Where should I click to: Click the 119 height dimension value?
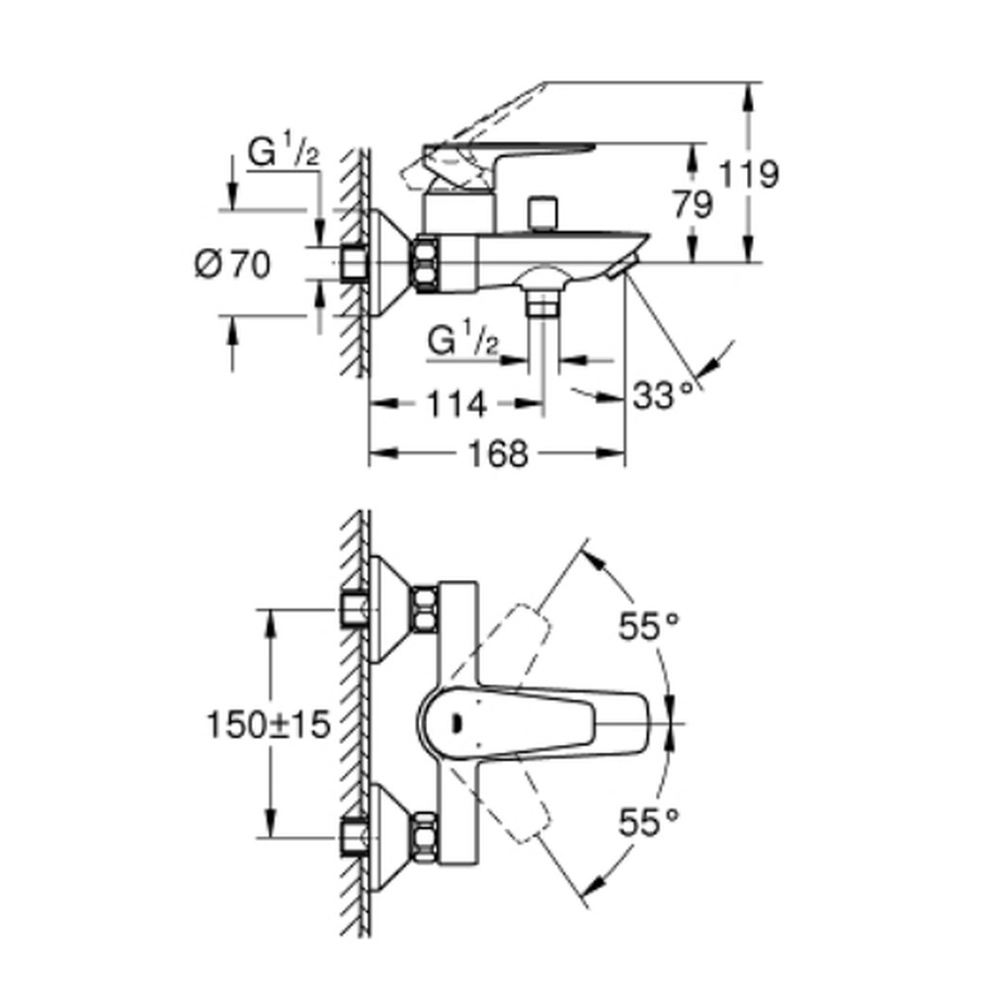point(749,174)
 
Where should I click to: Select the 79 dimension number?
point(693,205)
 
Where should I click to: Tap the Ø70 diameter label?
point(232,264)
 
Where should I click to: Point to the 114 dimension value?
point(456,404)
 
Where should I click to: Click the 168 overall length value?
point(498,453)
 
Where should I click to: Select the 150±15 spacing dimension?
point(269,724)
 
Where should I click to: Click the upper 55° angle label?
point(649,626)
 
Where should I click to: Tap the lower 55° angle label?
point(649,822)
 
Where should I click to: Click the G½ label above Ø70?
point(284,152)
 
